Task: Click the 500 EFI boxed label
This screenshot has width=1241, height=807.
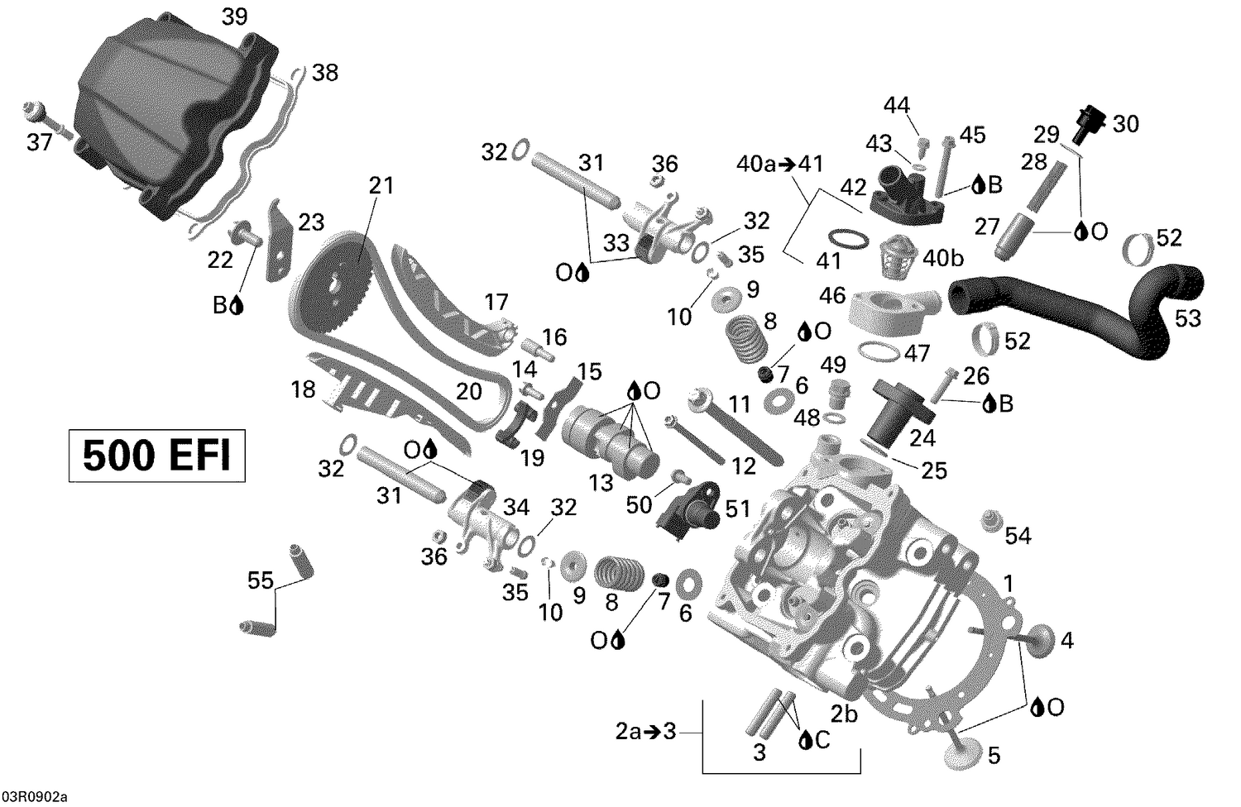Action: [x=156, y=456]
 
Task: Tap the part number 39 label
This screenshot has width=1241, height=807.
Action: [x=234, y=17]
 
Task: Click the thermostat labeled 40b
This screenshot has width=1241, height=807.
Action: [x=901, y=249]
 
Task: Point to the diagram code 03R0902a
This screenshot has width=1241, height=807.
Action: [x=35, y=796]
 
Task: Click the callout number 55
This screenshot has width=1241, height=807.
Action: [x=260, y=581]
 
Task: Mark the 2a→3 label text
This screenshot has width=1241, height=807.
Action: [x=645, y=731]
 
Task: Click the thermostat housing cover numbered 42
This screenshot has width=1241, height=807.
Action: [x=907, y=196]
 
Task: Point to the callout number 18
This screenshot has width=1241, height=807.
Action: [x=304, y=389]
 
